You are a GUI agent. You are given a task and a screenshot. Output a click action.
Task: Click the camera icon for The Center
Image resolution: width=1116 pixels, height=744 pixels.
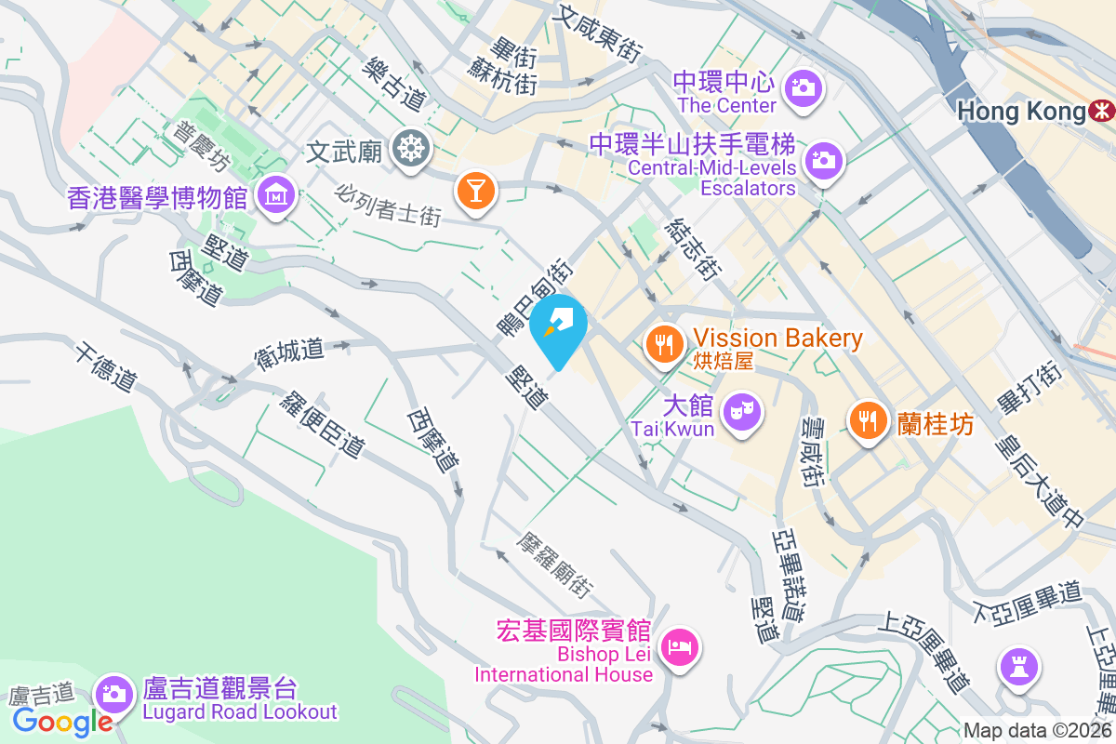[802, 89]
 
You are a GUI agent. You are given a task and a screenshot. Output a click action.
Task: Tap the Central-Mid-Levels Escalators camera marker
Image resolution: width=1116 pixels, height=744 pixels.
[822, 159]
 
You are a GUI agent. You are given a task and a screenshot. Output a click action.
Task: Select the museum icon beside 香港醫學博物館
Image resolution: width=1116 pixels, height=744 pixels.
[276, 195]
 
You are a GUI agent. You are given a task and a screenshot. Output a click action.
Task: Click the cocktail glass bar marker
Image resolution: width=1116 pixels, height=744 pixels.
[474, 191]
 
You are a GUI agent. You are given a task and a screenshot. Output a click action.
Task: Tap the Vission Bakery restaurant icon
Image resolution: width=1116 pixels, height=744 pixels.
[664, 345]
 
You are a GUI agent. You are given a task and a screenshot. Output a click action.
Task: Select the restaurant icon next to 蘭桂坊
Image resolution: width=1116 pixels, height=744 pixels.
[868, 420]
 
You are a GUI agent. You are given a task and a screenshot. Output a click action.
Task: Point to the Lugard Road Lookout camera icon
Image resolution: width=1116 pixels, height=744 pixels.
[113, 693]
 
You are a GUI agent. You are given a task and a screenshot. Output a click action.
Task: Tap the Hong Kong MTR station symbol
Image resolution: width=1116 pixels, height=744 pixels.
[1103, 112]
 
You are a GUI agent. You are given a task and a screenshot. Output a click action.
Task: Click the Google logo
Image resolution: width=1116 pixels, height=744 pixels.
[63, 721]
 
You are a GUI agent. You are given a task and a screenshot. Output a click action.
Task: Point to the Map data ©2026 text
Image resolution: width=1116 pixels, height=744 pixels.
[1037, 730]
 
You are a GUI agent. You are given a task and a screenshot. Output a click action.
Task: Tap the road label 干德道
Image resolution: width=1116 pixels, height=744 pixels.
[107, 366]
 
